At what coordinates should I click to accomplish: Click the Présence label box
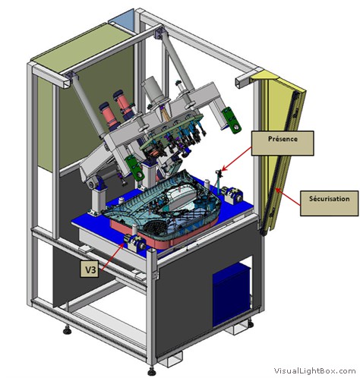click(283, 143)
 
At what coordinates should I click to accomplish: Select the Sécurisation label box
click(329, 203)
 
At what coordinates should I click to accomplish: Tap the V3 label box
click(89, 269)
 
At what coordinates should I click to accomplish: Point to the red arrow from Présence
click(237, 159)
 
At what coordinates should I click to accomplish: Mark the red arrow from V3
click(112, 257)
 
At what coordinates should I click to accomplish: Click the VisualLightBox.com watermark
click(315, 371)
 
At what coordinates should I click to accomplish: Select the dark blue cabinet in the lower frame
click(231, 295)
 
